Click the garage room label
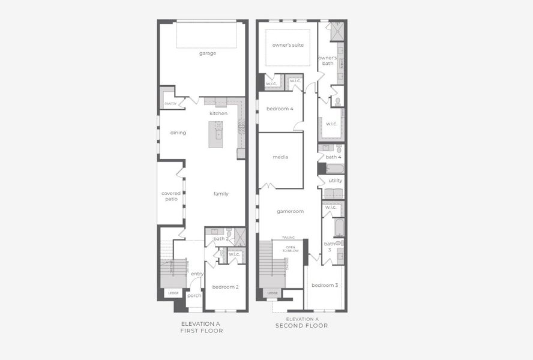(x=208, y=53)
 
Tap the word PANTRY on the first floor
(x=170, y=104)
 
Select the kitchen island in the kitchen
(x=215, y=134)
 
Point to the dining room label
(x=178, y=133)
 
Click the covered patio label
(x=171, y=196)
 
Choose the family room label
(x=221, y=194)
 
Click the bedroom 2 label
(x=225, y=287)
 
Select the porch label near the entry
(x=194, y=295)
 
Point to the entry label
(x=197, y=274)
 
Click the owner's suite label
(x=288, y=45)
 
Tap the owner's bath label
(x=327, y=60)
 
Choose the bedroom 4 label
(x=280, y=109)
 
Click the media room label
(x=280, y=157)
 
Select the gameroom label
(x=290, y=211)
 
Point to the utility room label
(x=335, y=180)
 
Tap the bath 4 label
(x=334, y=157)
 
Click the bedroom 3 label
(x=324, y=285)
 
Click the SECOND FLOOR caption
(x=301, y=326)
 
